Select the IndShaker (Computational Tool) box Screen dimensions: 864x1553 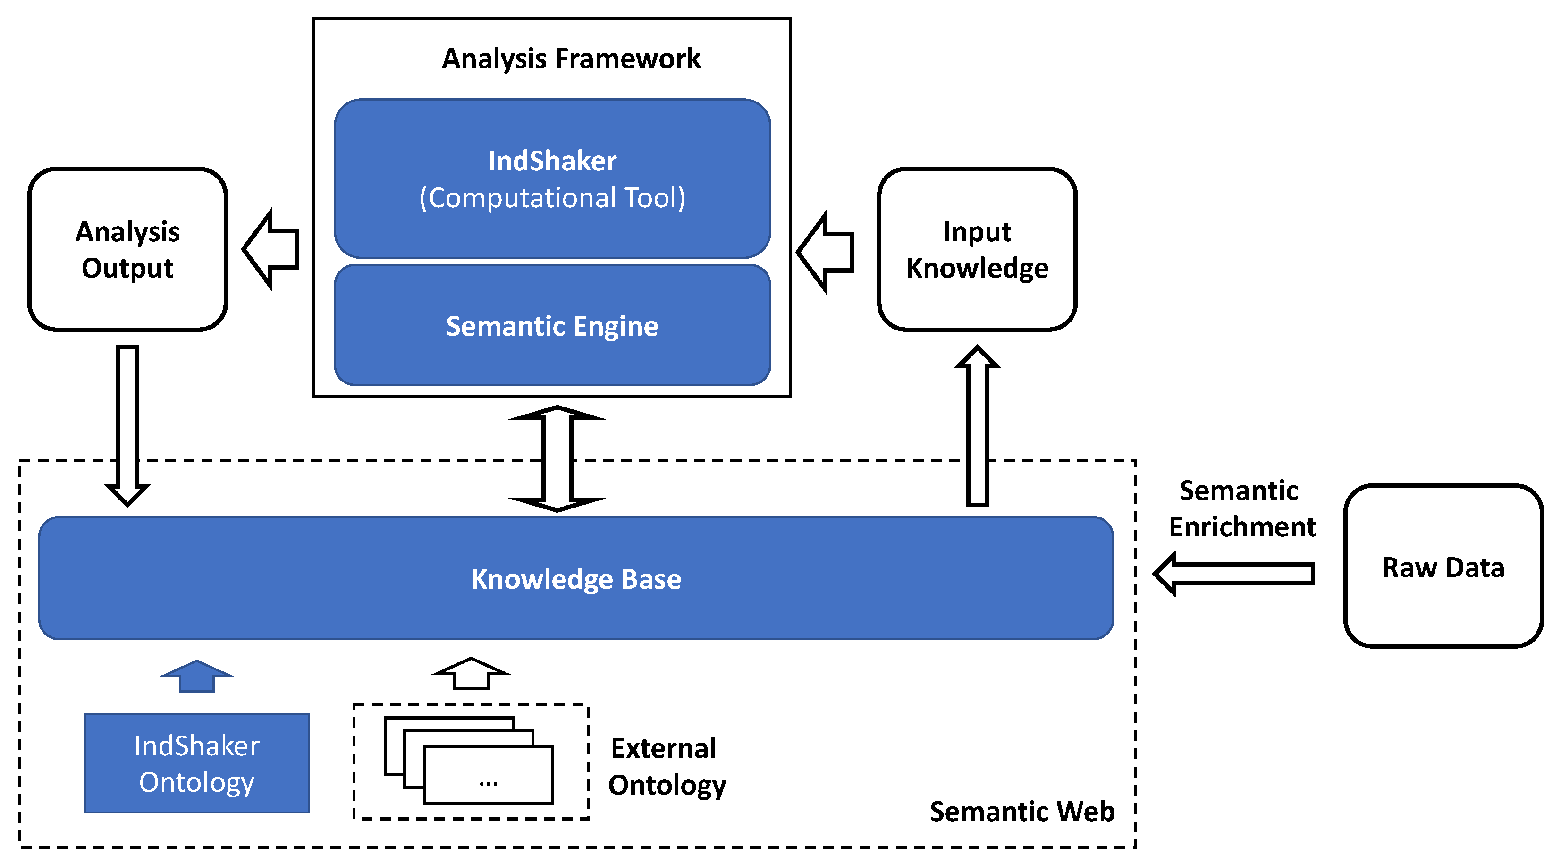tap(552, 178)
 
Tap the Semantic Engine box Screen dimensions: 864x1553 tap(552, 326)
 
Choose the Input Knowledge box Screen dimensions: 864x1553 tap(977, 249)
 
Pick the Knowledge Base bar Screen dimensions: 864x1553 tap(576, 578)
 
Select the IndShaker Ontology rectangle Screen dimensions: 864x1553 tap(196, 763)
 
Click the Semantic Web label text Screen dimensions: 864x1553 tap(1022, 811)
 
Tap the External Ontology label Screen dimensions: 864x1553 tap(666, 766)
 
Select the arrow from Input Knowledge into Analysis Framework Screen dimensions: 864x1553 tap(826, 252)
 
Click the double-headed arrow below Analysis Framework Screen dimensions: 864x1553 tap(557, 458)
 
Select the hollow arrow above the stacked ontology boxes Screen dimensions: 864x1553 tap(471, 674)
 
